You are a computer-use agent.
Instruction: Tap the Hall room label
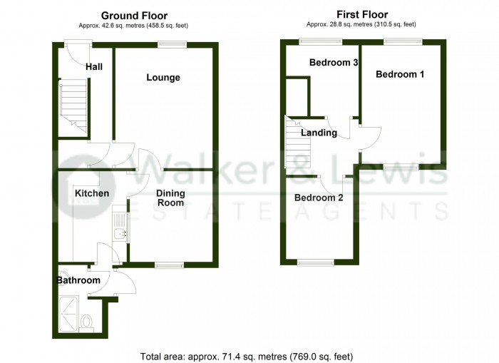point(94,67)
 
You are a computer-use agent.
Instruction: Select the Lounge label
point(163,78)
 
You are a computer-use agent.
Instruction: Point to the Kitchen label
point(92,193)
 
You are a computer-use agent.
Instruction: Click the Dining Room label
point(170,198)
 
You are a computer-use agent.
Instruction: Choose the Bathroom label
point(78,280)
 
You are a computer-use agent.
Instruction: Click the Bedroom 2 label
point(319,198)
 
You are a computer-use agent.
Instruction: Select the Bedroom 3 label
point(333,63)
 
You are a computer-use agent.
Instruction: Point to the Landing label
point(319,133)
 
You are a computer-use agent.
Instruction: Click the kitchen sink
point(119,228)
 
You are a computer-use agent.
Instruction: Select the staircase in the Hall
point(73,107)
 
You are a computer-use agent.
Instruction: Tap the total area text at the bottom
point(247,355)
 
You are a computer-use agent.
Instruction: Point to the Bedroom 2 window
point(315,262)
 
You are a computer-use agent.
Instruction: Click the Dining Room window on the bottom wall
point(169,265)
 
